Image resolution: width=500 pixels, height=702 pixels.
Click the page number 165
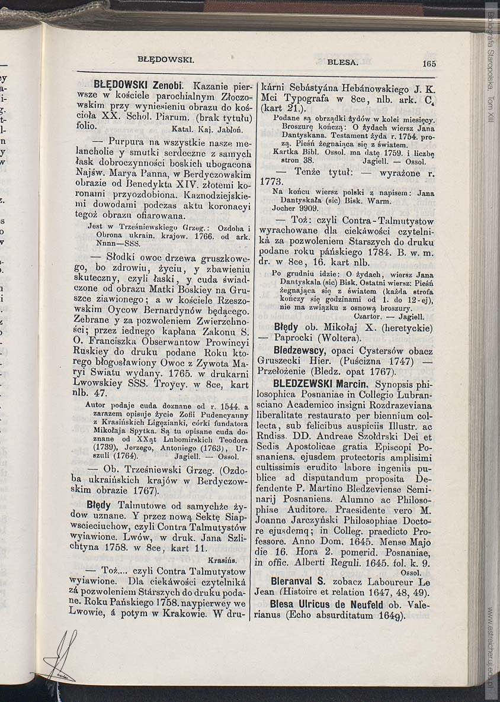[429, 64]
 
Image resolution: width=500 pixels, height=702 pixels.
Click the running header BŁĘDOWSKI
[166, 59]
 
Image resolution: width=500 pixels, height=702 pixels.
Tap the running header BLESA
[342, 62]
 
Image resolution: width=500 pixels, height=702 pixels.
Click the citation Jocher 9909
[295, 208]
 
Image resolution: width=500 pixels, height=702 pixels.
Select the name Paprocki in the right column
[294, 338]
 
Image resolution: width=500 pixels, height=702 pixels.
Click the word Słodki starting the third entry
[121, 257]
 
